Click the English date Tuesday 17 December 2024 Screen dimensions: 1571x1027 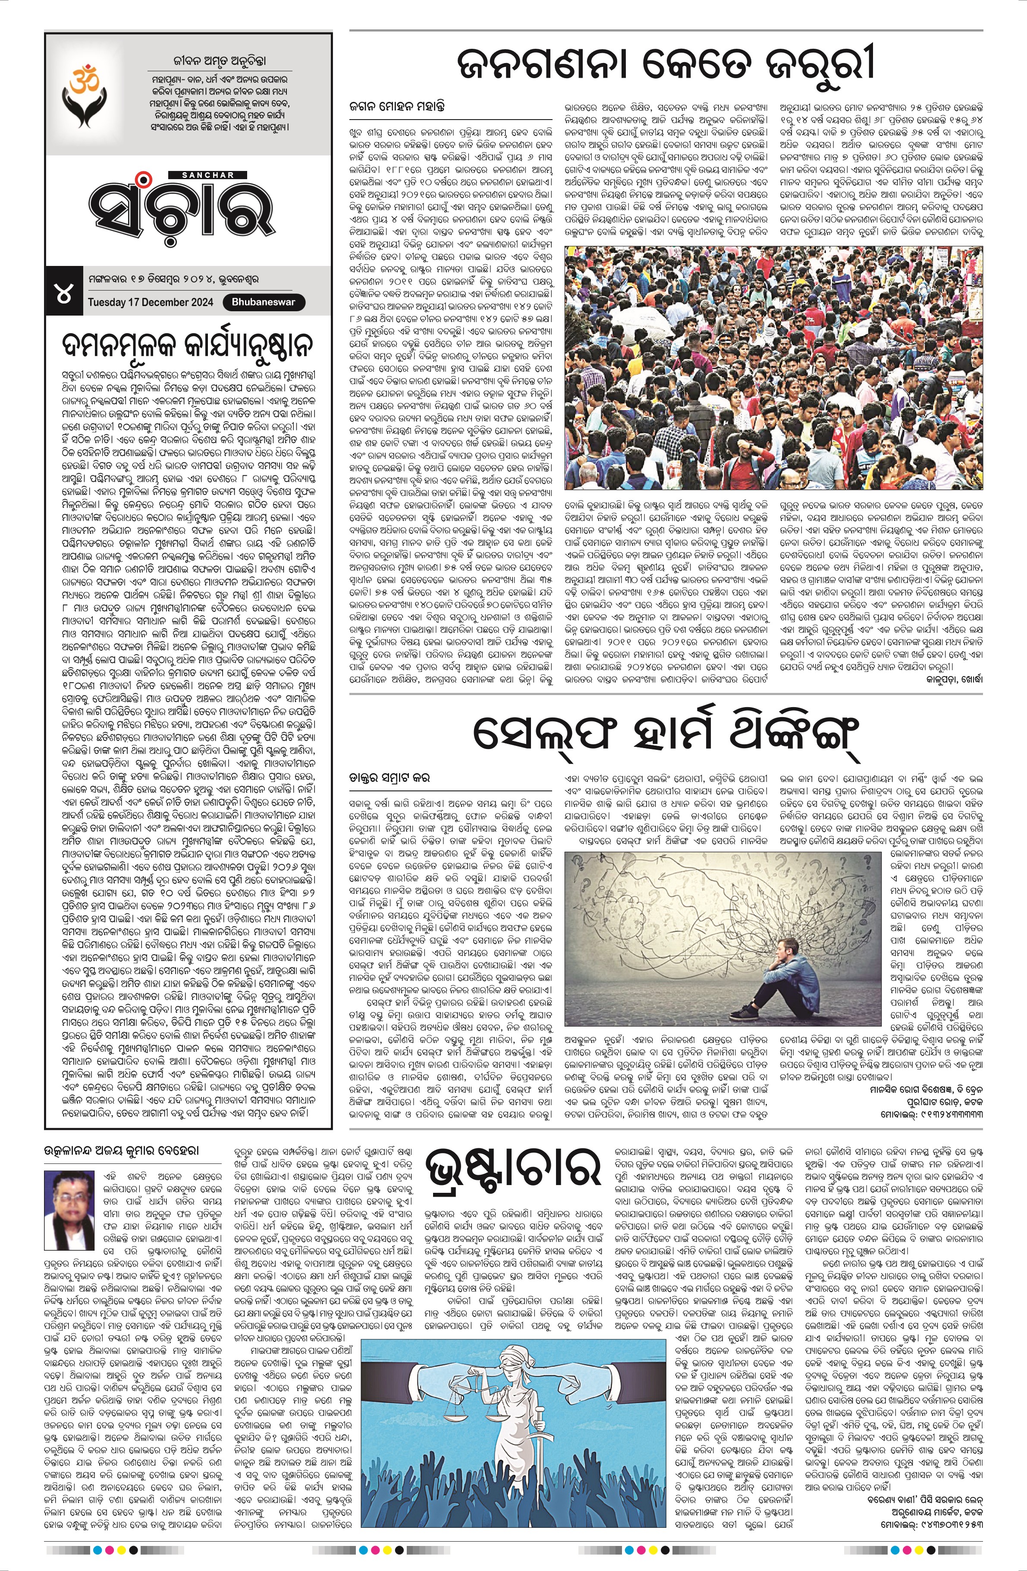(151, 302)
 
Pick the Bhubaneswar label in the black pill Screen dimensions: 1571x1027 (264, 302)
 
